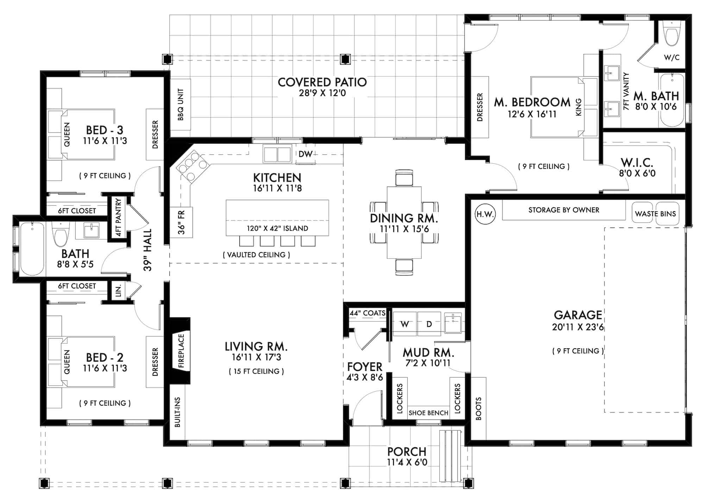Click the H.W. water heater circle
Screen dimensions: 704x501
click(485, 214)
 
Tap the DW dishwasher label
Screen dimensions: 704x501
click(305, 154)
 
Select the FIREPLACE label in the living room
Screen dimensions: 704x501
click(181, 351)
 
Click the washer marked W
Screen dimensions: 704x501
click(405, 324)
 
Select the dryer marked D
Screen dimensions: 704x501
click(429, 324)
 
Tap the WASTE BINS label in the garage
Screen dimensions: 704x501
click(655, 214)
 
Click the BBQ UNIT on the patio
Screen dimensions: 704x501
click(180, 104)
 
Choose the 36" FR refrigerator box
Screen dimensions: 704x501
click(181, 222)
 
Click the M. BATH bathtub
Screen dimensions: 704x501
click(672, 100)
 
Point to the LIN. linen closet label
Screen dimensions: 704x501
click(119, 291)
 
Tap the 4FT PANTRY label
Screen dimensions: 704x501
click(118, 217)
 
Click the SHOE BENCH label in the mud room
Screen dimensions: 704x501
click(428, 413)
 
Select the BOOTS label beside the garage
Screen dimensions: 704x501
click(478, 409)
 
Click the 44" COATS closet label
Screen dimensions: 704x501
click(367, 313)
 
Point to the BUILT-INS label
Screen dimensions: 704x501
click(177, 412)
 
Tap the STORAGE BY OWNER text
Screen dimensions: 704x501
click(564, 210)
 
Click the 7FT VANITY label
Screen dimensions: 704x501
click(626, 91)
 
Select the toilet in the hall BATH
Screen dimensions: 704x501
click(61, 234)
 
